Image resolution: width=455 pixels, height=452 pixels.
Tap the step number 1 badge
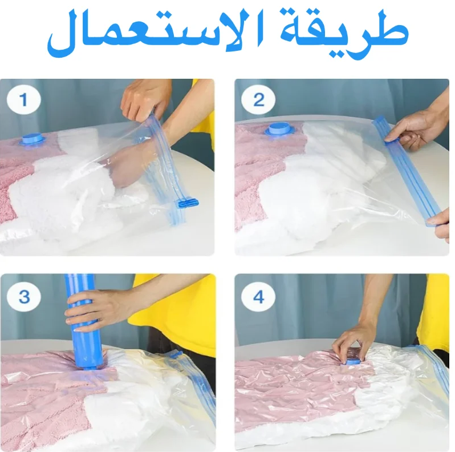[23, 101]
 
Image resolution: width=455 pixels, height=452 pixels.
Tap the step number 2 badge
[258, 101]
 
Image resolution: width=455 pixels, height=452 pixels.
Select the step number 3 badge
[23, 297]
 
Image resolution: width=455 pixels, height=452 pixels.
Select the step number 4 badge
[258, 297]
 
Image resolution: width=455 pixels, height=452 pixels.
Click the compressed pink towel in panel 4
[296, 388]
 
